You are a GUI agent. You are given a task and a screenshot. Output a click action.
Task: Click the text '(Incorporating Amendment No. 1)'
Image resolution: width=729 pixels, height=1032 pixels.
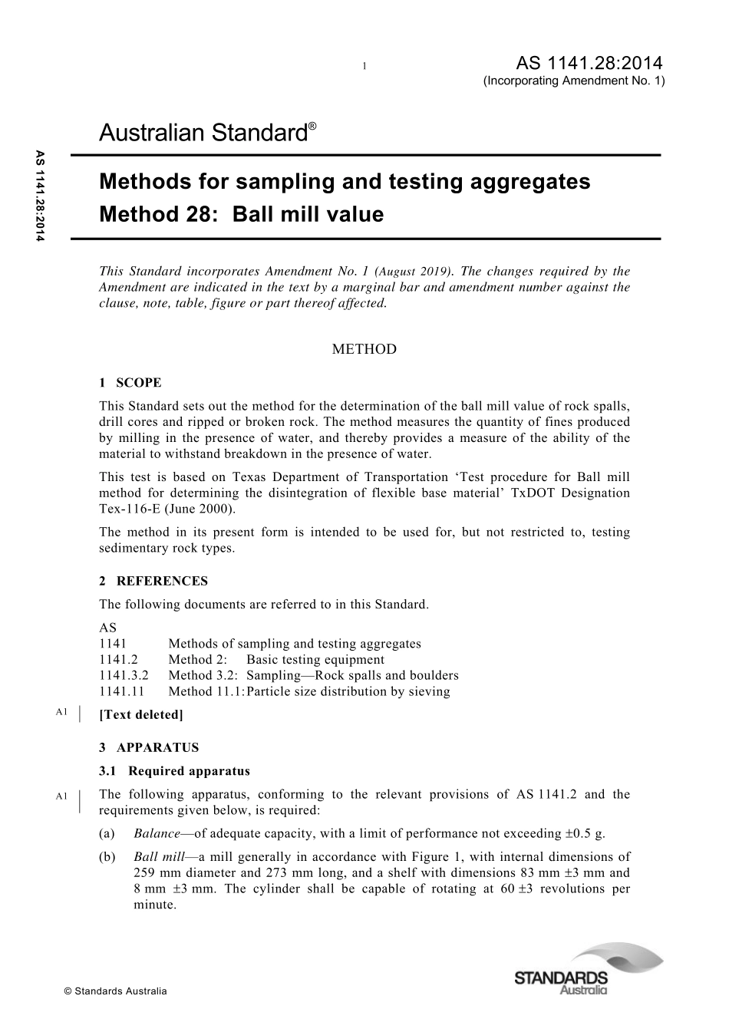[x=574, y=81]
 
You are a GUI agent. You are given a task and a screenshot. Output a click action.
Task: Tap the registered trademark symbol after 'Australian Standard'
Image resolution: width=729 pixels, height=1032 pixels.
[x=312, y=124]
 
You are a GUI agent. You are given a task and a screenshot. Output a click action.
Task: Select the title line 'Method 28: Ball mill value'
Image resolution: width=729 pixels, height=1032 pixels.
[x=241, y=214]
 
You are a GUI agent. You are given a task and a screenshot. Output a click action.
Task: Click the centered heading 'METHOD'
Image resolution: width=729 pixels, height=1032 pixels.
[x=364, y=349]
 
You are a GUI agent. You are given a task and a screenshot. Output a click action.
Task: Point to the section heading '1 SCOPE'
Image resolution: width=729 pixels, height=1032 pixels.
[x=130, y=383]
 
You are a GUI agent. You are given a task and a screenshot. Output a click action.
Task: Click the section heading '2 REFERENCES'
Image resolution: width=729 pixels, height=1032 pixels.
[x=153, y=581]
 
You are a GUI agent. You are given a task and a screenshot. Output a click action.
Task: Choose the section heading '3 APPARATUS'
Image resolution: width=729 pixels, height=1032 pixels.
[x=149, y=747]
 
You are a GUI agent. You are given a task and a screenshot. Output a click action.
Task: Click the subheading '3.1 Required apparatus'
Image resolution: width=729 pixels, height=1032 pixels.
[x=174, y=771]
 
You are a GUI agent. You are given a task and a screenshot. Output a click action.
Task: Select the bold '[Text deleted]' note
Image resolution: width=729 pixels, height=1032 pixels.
[x=141, y=714]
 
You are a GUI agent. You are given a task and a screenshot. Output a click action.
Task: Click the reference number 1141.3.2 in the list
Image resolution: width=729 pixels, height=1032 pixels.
[x=124, y=675]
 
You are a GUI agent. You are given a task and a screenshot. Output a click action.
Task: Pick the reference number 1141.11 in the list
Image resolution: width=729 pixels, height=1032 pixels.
[x=121, y=691]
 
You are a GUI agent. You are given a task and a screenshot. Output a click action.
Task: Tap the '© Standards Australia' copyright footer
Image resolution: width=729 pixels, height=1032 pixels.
[x=115, y=991]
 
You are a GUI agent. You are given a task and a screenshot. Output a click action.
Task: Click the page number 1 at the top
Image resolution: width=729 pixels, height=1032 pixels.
[x=364, y=66]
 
